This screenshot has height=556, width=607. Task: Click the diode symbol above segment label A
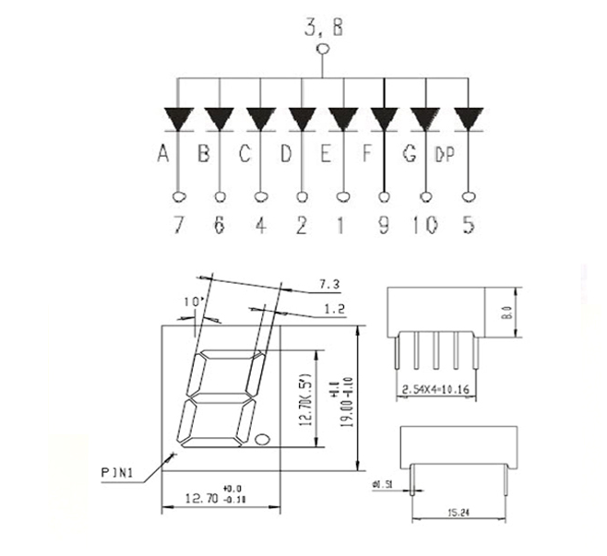tap(177, 119)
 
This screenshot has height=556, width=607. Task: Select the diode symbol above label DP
tap(468, 119)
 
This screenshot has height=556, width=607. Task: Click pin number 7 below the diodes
tap(177, 225)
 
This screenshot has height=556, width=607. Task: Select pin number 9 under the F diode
tap(384, 225)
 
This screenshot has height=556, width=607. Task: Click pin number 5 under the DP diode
tap(469, 225)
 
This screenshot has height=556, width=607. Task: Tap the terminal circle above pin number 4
tap(261, 195)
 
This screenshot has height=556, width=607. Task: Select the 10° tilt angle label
tap(190, 302)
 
